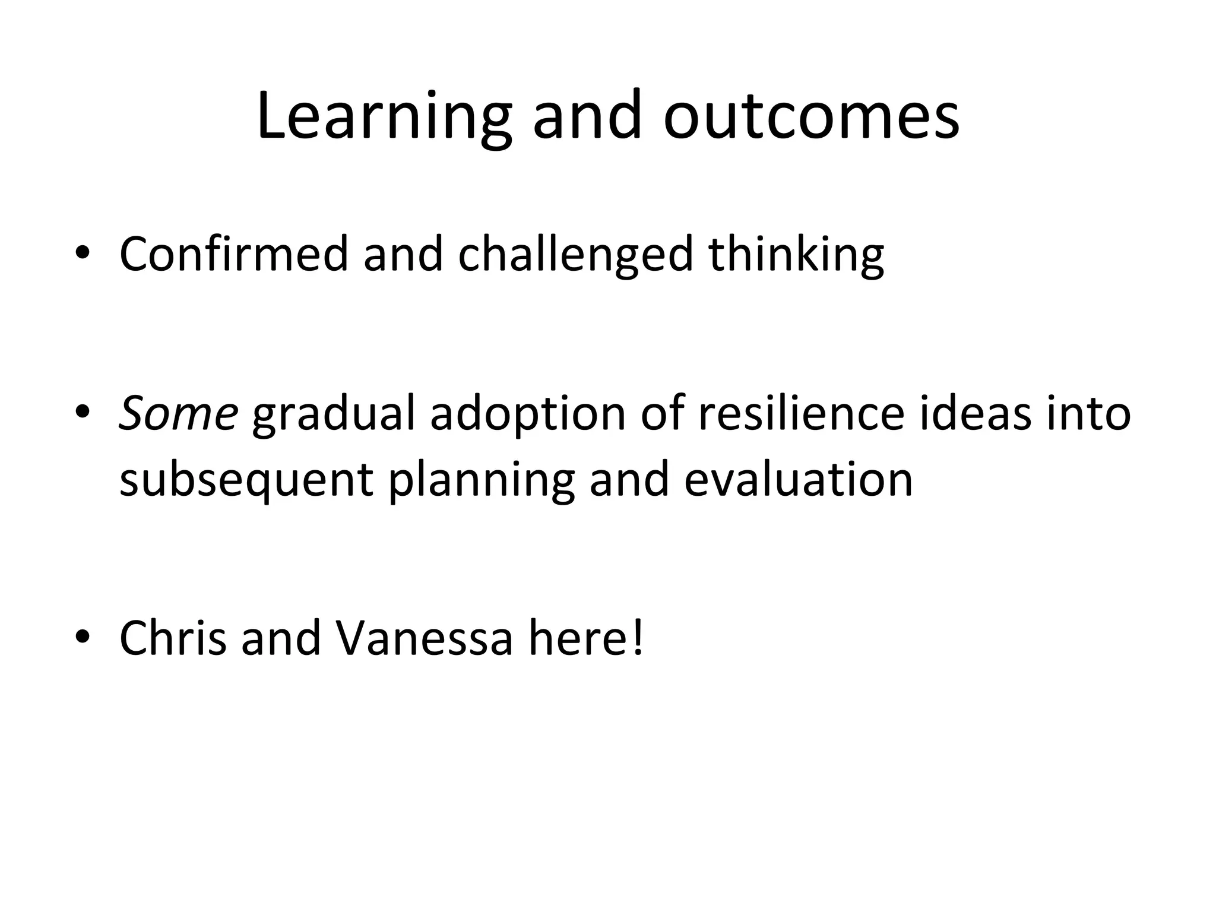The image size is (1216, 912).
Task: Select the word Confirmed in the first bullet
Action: pos(233,254)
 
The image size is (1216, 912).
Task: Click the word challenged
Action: pos(575,254)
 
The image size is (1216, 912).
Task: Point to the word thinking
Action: pos(796,254)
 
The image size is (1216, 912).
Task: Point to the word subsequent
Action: pos(246,480)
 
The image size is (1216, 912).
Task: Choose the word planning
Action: pos(482,480)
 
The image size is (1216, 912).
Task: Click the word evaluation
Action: pos(798,480)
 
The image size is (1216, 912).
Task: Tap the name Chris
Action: pos(173,638)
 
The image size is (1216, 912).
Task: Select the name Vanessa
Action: pos(424,638)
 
